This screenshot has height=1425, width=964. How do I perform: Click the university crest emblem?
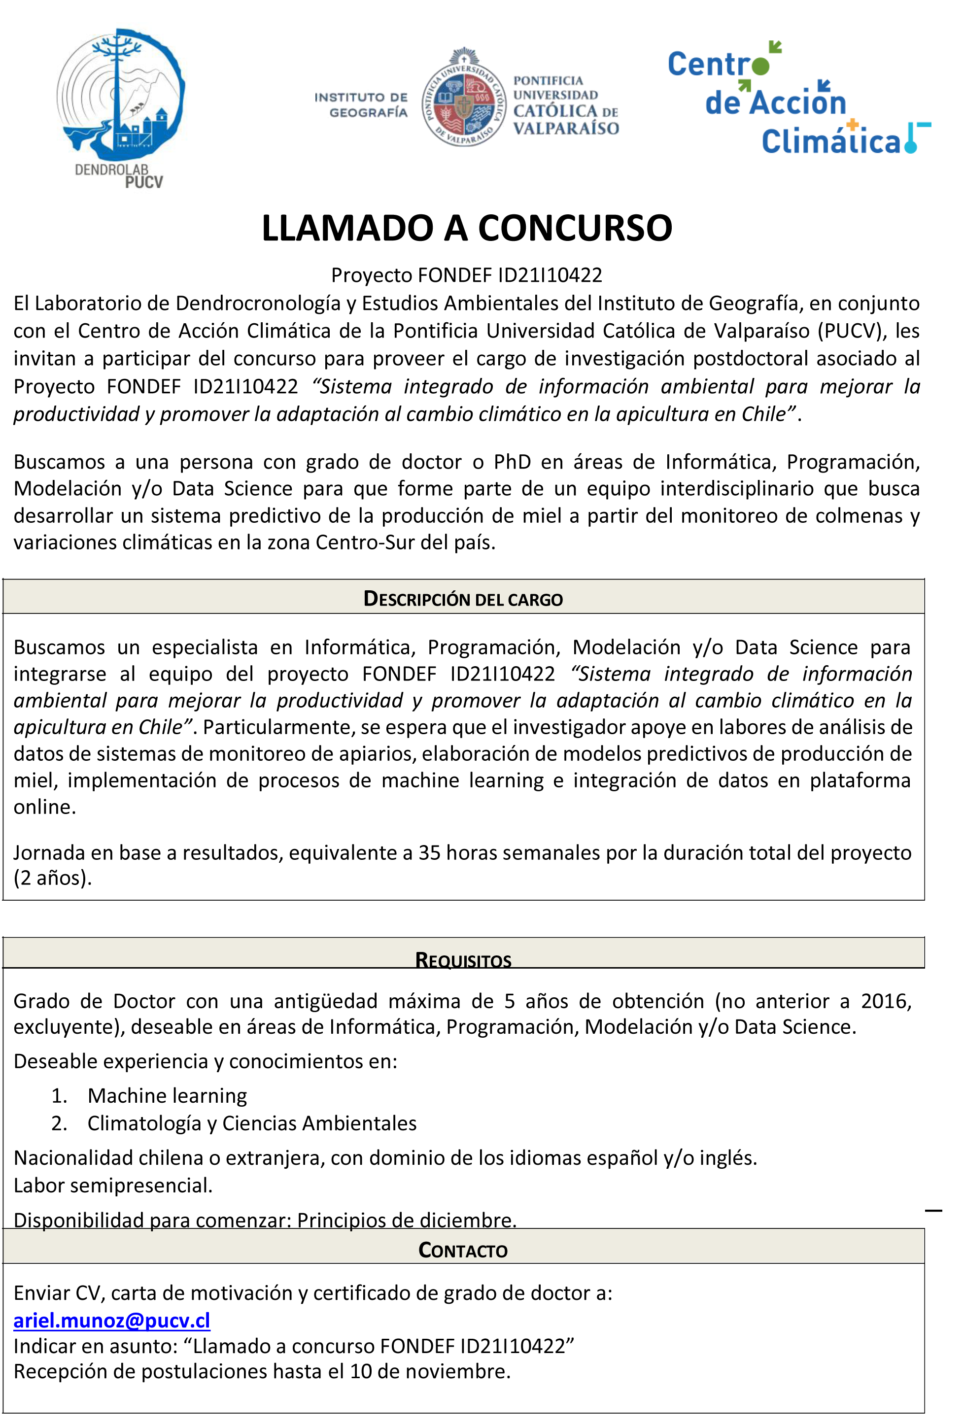[464, 98]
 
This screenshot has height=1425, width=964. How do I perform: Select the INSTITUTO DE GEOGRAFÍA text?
[361, 105]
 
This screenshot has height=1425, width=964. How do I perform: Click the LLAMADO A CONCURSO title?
[467, 228]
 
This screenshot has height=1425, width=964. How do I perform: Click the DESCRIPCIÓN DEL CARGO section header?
[463, 599]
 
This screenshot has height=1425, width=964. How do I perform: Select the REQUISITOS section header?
[463, 959]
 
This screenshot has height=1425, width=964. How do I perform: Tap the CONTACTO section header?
[463, 1250]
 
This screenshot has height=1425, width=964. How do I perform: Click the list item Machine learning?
[167, 1096]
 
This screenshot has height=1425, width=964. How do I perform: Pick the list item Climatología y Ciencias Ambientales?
[252, 1123]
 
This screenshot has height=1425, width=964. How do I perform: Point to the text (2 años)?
[53, 878]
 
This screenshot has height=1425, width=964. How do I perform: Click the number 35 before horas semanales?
[429, 852]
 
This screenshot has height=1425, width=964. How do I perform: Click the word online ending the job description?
[44, 807]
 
